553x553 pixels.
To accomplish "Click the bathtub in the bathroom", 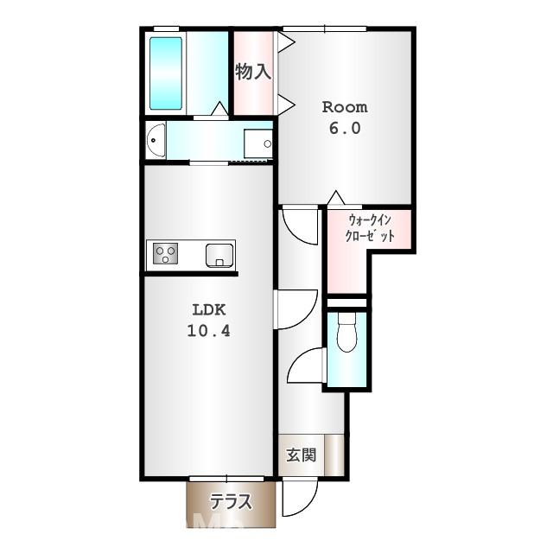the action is (x=166, y=73).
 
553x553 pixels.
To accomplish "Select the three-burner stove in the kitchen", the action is (x=165, y=253).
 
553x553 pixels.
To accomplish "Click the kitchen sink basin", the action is (x=219, y=256).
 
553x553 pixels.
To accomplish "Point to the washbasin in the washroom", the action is (x=156, y=140).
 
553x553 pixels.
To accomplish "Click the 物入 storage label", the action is (x=253, y=72).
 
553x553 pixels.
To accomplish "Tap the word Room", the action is (x=345, y=107).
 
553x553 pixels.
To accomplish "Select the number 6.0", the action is (x=345, y=128).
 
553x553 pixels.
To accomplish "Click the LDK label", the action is (x=209, y=310).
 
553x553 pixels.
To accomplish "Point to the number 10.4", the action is (x=208, y=331).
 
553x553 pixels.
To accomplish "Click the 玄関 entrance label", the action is (x=301, y=455).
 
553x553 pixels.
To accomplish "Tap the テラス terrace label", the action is (x=231, y=501).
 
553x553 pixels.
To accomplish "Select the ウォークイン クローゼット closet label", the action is (x=370, y=228).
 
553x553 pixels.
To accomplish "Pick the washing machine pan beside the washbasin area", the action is (x=258, y=144).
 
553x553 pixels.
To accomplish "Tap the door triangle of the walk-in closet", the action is (x=336, y=198).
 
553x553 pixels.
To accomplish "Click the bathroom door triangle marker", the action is (x=220, y=109).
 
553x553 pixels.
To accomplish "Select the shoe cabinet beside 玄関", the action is (x=334, y=455).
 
